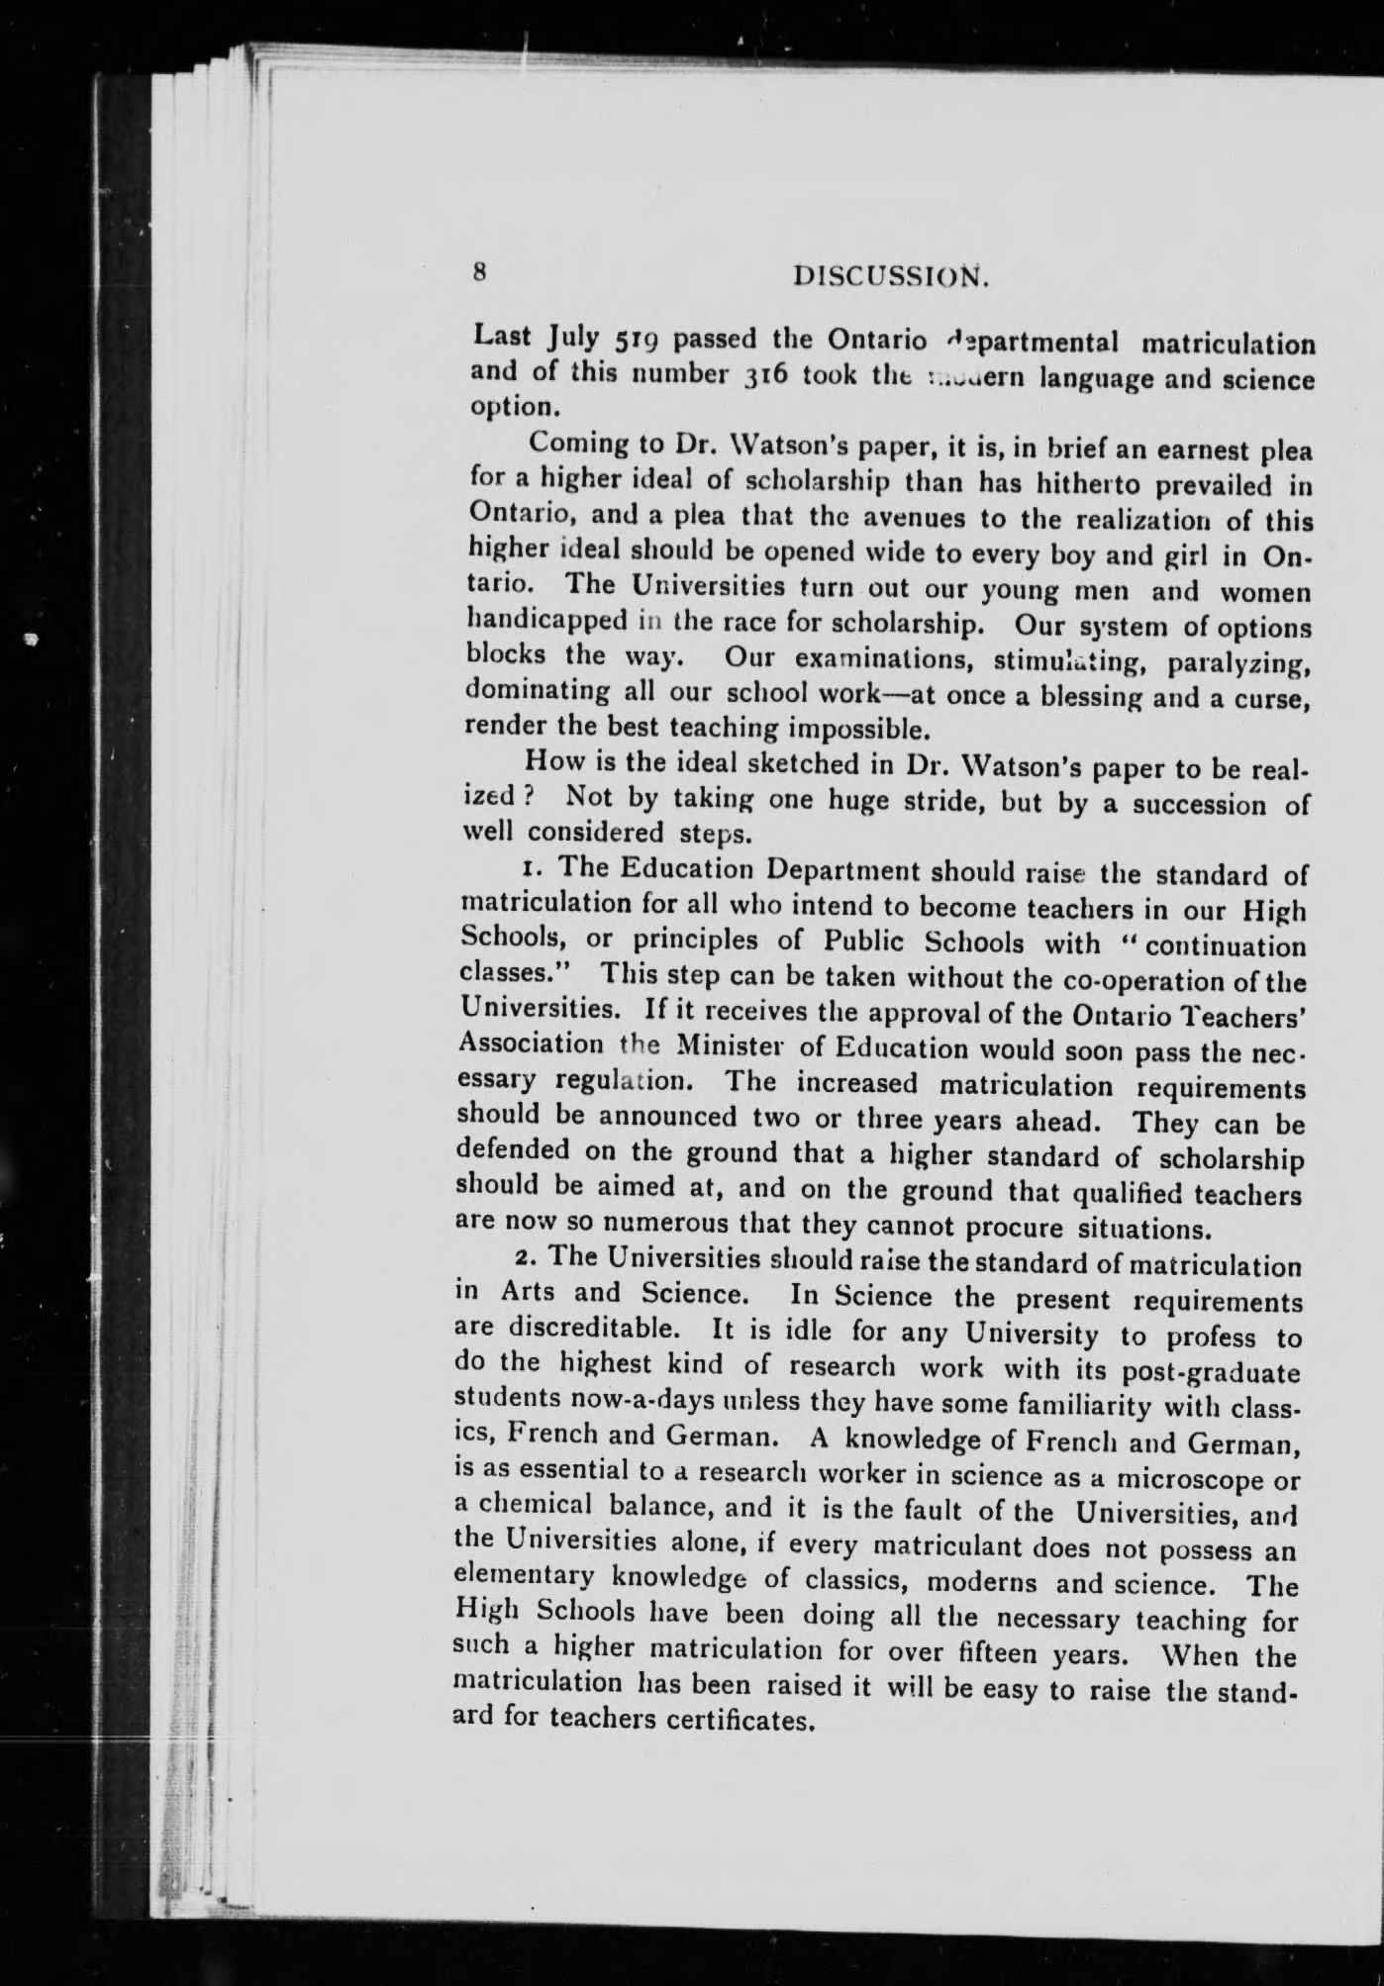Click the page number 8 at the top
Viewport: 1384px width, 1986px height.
(480, 273)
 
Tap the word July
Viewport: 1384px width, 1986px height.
(572, 340)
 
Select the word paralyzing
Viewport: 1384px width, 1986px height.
(1240, 661)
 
